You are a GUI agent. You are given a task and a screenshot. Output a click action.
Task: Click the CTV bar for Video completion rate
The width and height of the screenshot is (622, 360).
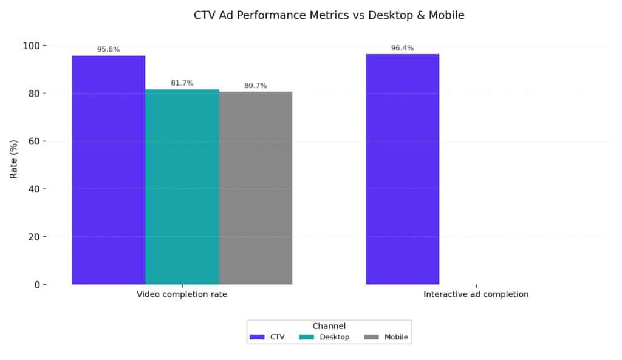tap(109, 170)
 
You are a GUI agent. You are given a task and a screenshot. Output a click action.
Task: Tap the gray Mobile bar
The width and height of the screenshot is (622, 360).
tap(256, 188)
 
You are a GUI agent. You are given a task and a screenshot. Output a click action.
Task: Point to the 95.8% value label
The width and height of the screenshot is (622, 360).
tap(109, 49)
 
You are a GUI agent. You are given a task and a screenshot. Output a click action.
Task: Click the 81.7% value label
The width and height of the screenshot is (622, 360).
tap(182, 83)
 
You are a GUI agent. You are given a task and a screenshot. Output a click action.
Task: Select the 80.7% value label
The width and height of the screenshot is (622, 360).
tap(256, 86)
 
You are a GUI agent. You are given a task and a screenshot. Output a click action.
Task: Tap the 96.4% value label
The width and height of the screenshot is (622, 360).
tap(402, 48)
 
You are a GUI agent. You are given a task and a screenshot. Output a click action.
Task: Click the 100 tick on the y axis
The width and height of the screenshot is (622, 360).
tap(31, 46)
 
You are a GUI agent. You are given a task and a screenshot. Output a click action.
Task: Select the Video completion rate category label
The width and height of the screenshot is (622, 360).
tap(182, 294)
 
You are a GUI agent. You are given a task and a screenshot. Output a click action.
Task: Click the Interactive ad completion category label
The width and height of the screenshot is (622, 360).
tap(476, 294)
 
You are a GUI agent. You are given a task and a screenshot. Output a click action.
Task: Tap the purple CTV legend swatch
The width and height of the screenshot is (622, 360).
tap(258, 337)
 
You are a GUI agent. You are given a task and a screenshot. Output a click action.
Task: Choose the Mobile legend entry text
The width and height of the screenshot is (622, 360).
tap(396, 337)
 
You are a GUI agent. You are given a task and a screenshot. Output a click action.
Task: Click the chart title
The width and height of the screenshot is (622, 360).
tap(329, 16)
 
